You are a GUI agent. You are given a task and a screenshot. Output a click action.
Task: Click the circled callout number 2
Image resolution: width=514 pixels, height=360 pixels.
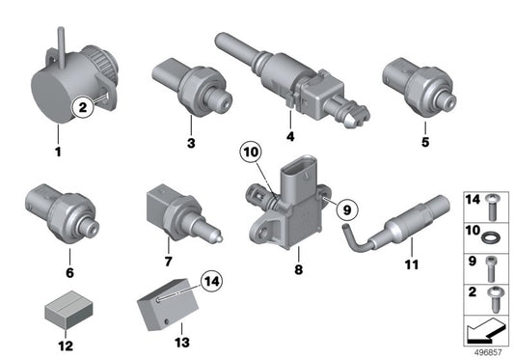(83, 107)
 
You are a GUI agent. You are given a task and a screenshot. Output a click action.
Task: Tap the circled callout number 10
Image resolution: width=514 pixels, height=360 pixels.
(251, 152)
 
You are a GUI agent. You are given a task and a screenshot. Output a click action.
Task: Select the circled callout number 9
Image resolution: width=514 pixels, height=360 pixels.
(347, 209)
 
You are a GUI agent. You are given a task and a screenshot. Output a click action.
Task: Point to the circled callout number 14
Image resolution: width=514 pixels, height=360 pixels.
(212, 281)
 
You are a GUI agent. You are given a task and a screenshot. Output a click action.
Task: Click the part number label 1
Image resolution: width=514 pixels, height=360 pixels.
(58, 152)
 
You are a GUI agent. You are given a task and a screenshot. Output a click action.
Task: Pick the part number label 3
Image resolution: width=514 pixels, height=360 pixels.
(191, 143)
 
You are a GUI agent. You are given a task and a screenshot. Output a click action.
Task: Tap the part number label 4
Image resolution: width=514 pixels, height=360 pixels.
(290, 136)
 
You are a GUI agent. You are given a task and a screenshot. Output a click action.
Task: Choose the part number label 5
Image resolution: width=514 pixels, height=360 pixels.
(425, 142)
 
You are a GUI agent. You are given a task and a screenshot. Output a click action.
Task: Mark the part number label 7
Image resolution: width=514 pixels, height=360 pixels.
(168, 262)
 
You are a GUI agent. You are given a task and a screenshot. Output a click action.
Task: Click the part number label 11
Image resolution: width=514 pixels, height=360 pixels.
(412, 264)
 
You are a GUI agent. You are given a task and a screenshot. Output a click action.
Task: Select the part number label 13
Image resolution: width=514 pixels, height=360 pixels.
(182, 343)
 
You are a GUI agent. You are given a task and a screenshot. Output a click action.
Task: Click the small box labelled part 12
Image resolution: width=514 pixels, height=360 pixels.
(68, 310)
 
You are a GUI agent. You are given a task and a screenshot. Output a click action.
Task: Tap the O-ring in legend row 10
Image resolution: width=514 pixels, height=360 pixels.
(491, 236)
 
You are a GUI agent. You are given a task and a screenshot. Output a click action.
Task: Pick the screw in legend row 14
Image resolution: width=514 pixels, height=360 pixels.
(492, 208)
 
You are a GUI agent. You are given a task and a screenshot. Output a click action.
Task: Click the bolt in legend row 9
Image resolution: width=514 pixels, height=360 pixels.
(491, 269)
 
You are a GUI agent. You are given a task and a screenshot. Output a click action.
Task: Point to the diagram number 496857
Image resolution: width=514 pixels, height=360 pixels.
(488, 353)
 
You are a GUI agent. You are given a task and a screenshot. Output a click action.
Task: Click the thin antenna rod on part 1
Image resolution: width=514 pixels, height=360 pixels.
(62, 47)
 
